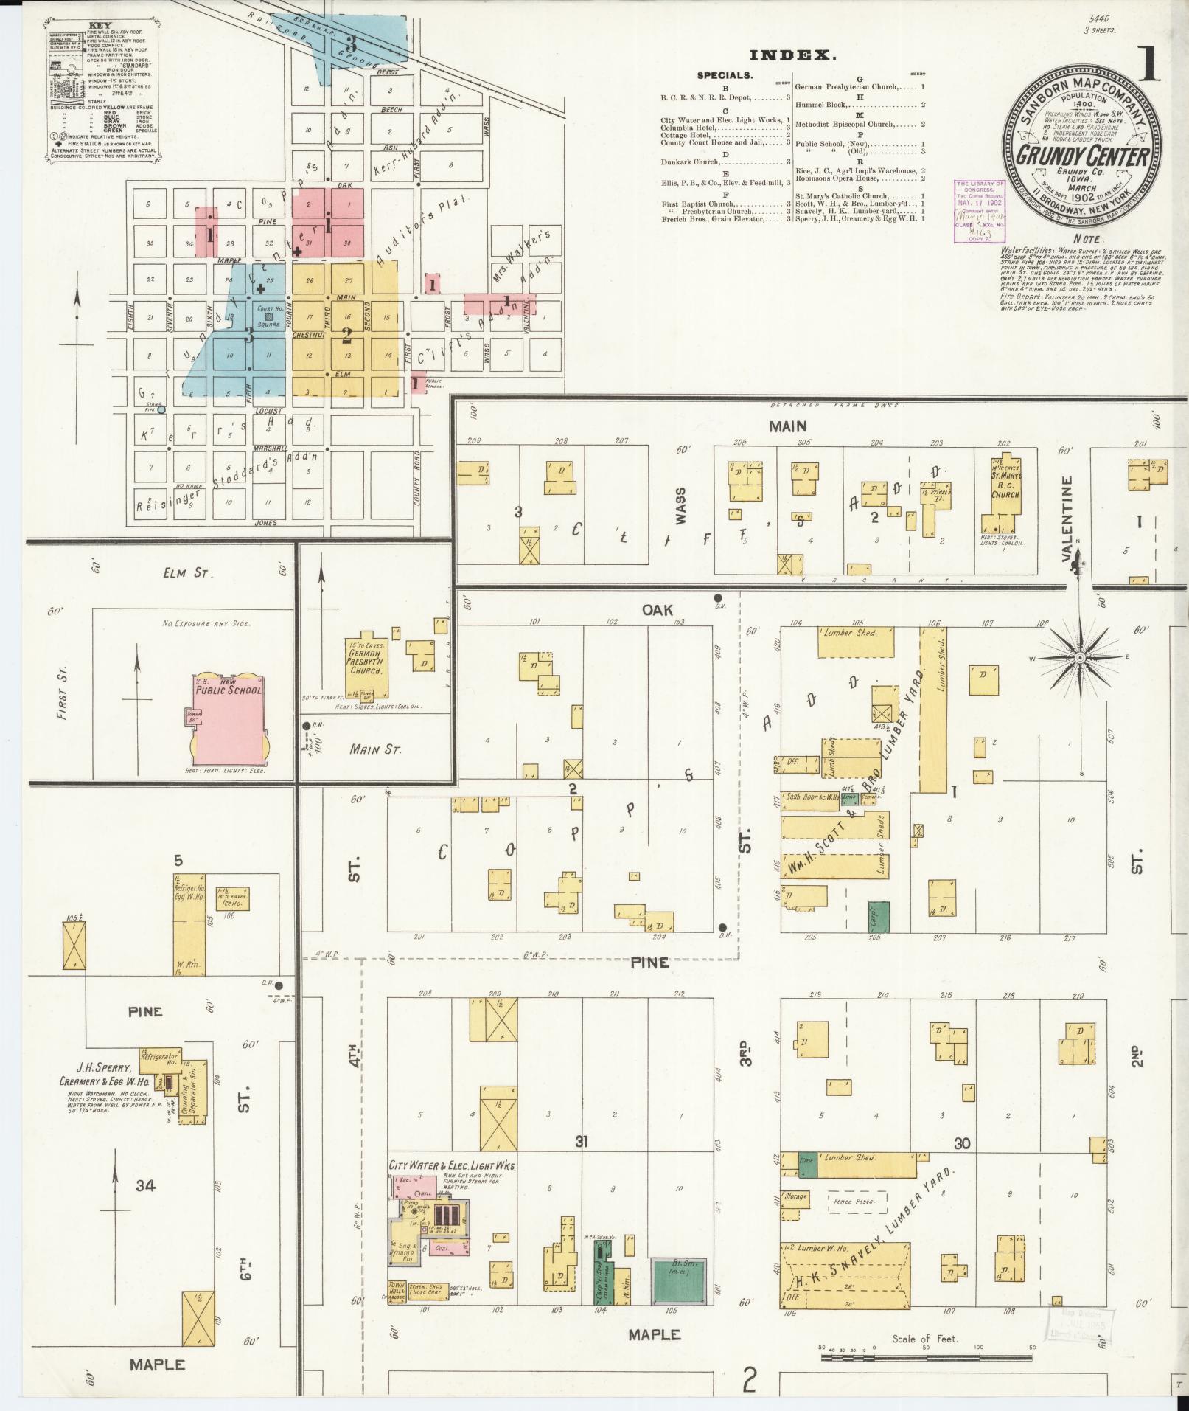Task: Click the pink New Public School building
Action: point(229,719)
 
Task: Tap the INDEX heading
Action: point(793,55)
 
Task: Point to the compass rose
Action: point(1080,657)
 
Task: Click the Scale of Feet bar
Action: point(924,1348)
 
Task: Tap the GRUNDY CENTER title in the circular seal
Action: point(1082,156)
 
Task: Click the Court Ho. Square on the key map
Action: point(268,316)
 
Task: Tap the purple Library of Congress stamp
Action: point(980,211)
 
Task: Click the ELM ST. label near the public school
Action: point(191,572)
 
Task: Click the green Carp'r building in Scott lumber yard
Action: point(879,916)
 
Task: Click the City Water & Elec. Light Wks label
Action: point(451,1165)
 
